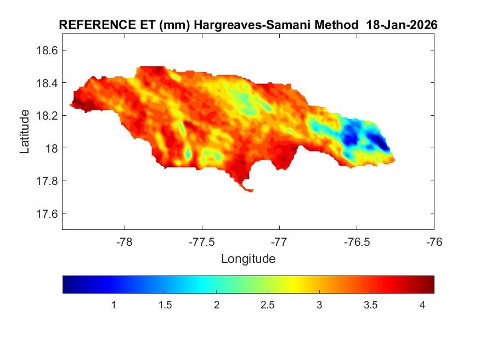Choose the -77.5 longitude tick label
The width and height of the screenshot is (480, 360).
202,241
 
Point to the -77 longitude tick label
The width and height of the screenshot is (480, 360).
279,241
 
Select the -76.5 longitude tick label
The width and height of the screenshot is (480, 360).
357,241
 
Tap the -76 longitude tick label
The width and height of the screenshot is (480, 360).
434,241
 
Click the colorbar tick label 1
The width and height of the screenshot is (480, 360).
114,305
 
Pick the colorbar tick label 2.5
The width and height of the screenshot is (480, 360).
268,305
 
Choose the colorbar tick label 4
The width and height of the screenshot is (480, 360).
422,305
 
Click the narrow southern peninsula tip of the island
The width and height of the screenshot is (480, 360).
250,190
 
